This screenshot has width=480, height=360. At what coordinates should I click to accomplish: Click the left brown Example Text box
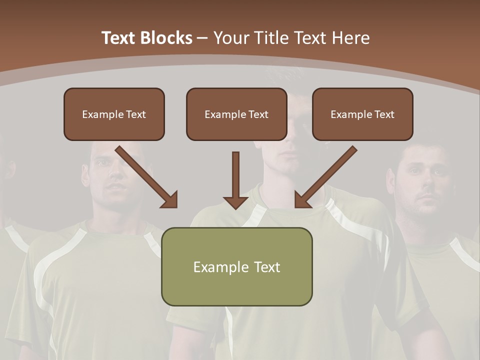pyautogui.click(x=114, y=114)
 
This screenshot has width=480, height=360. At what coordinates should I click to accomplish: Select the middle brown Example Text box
pyautogui.click(x=236, y=114)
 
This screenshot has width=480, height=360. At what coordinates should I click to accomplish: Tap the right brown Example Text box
pyautogui.click(x=362, y=114)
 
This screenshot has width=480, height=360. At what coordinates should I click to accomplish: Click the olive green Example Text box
pyautogui.click(x=236, y=266)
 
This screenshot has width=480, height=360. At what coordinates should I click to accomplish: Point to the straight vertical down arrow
pyautogui.click(x=235, y=181)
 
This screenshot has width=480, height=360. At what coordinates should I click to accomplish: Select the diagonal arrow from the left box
pyautogui.click(x=147, y=177)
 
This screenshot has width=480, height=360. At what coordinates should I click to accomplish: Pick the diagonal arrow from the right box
pyautogui.click(x=325, y=177)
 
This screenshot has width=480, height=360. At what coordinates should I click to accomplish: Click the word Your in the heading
pyautogui.click(x=230, y=37)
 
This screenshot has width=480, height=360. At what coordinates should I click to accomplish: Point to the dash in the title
pyautogui.click(x=202, y=38)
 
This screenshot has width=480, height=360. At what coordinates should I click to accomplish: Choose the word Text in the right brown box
pyautogui.click(x=383, y=114)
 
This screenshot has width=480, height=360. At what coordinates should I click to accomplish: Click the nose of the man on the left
pyautogui.click(x=114, y=172)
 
